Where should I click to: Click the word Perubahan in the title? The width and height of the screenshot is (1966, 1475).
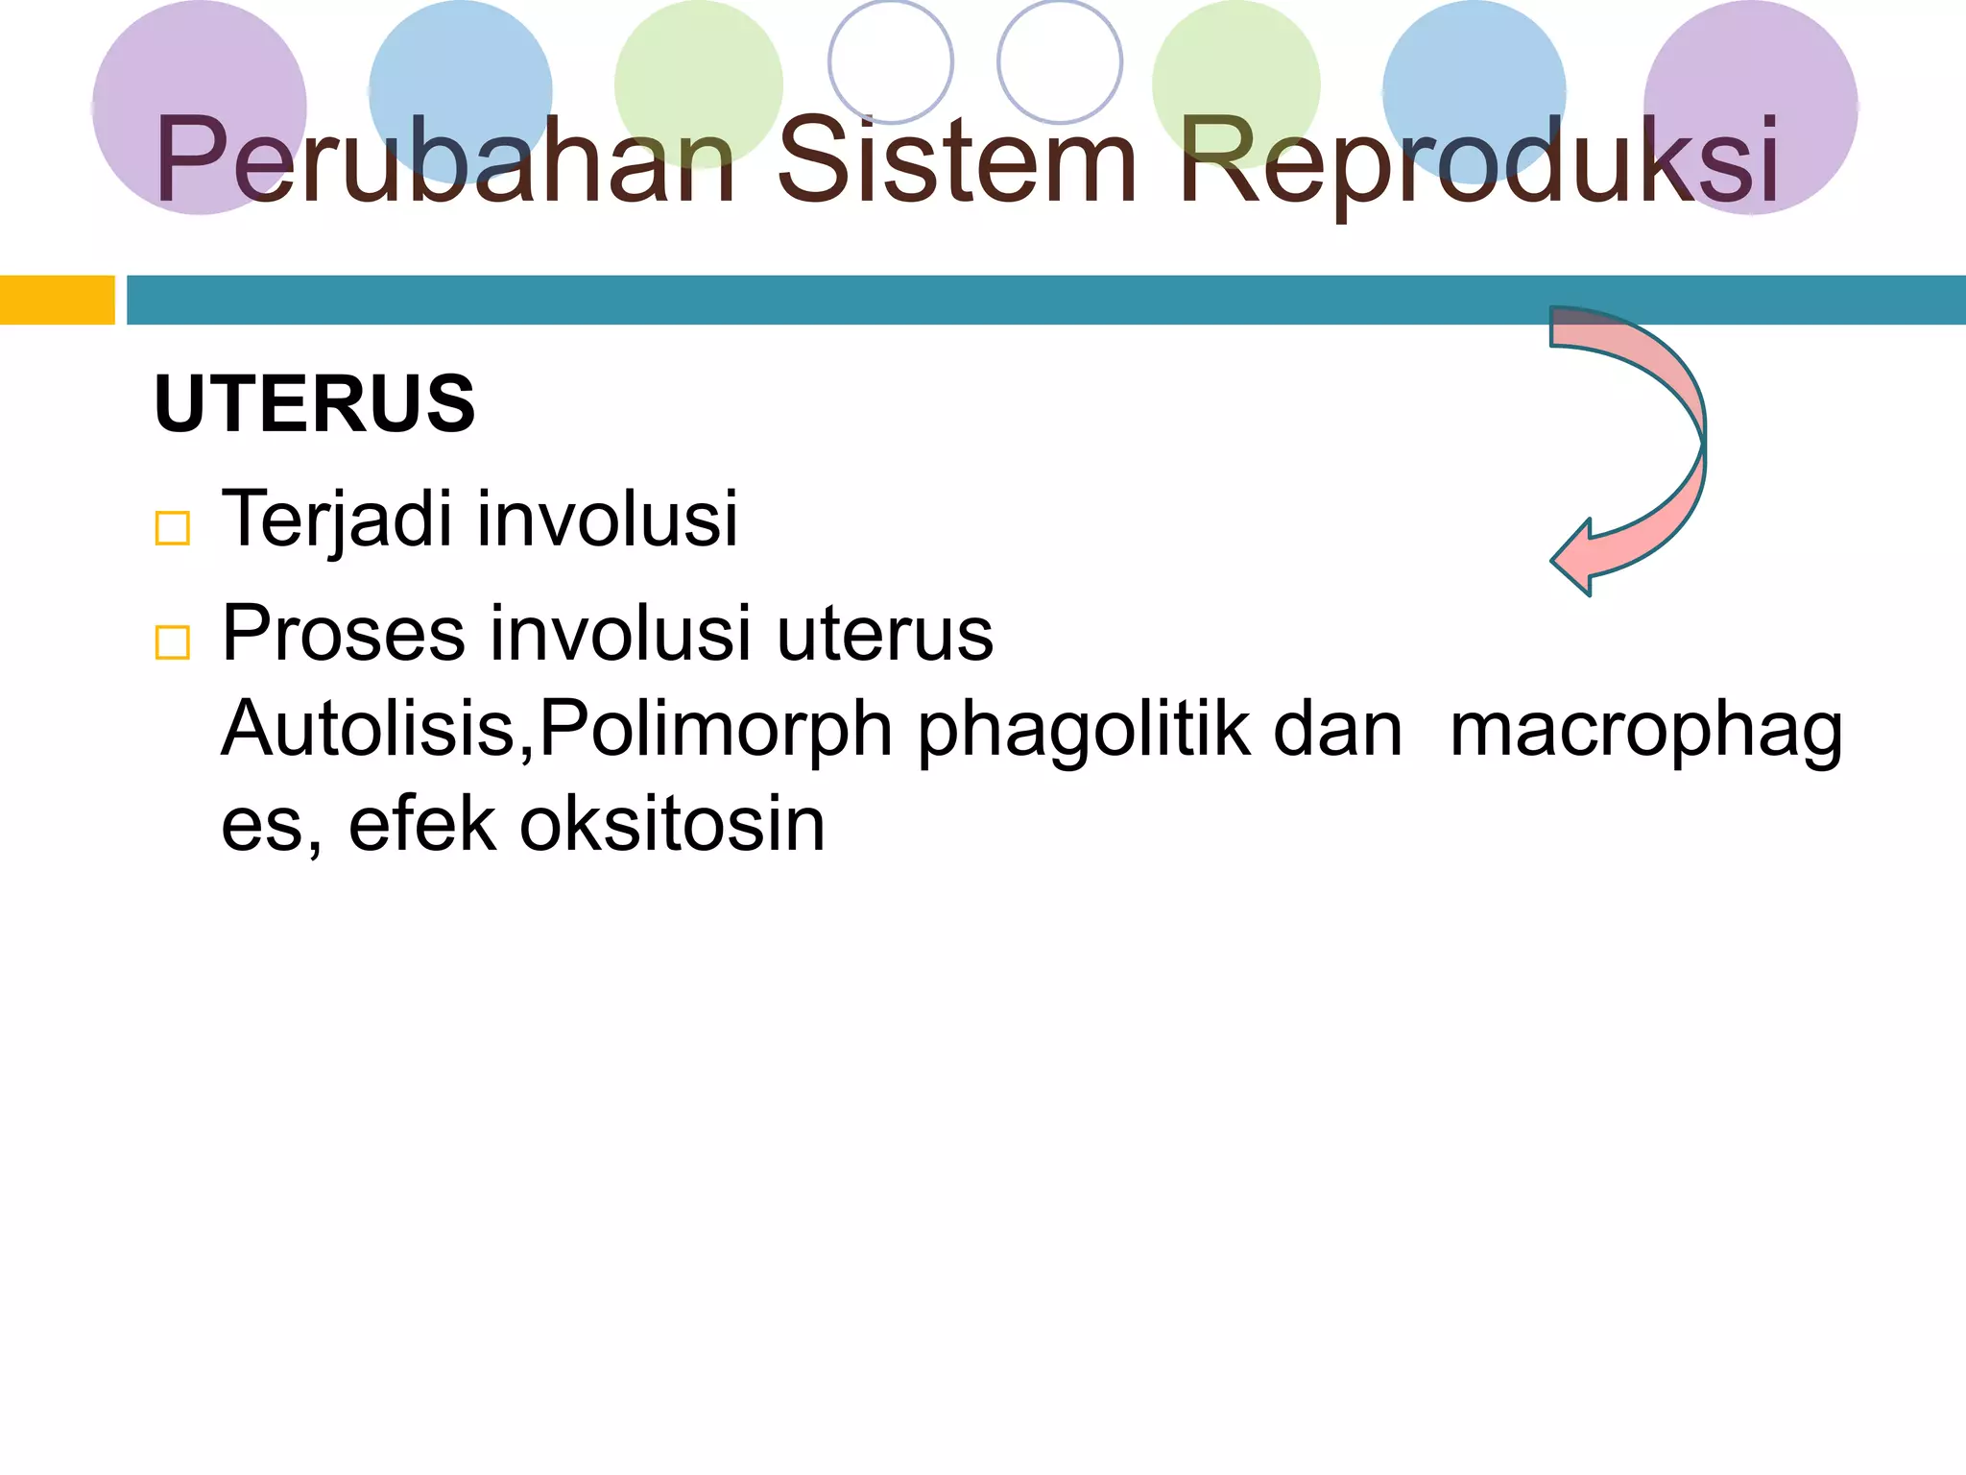tap(444, 161)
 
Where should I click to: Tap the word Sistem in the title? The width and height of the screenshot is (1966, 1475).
tap(956, 161)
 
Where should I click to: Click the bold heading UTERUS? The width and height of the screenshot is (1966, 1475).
tap(314, 404)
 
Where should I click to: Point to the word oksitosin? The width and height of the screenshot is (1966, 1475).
tap(672, 825)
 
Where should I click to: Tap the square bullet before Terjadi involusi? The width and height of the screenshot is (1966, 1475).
tap(173, 528)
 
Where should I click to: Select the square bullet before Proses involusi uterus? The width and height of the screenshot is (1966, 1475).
tap(173, 642)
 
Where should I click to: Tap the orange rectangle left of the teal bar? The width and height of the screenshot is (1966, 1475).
tap(57, 300)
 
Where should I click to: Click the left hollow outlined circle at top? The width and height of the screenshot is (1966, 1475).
tap(890, 61)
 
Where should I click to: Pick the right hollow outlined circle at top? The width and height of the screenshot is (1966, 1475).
tap(1060, 61)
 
